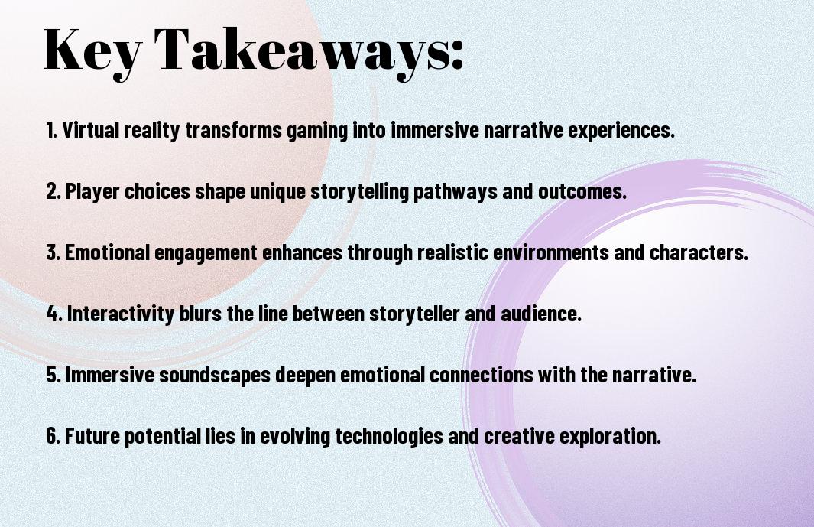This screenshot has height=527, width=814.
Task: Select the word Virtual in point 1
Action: coord(91,130)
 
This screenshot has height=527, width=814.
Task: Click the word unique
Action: coord(277,192)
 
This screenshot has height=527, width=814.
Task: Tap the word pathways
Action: coord(456,192)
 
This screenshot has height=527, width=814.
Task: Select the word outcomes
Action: coord(582,192)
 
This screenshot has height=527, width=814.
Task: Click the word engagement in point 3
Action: coord(206,253)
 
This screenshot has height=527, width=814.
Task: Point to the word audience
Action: coord(541,314)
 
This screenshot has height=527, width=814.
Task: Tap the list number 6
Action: coord(54,435)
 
